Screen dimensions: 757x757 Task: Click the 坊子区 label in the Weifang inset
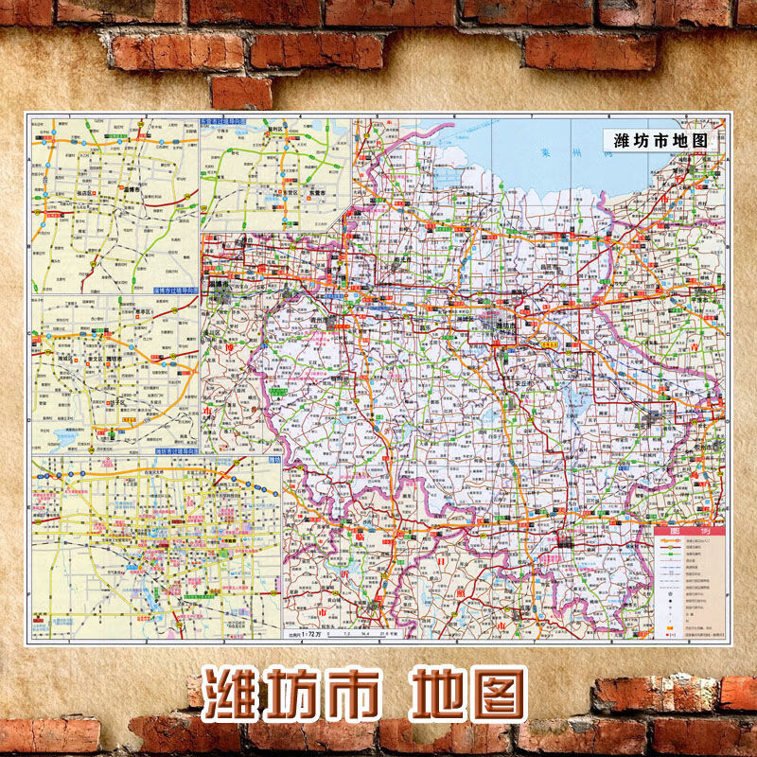coord(117,402)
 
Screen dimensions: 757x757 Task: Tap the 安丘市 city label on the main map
coord(516,381)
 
